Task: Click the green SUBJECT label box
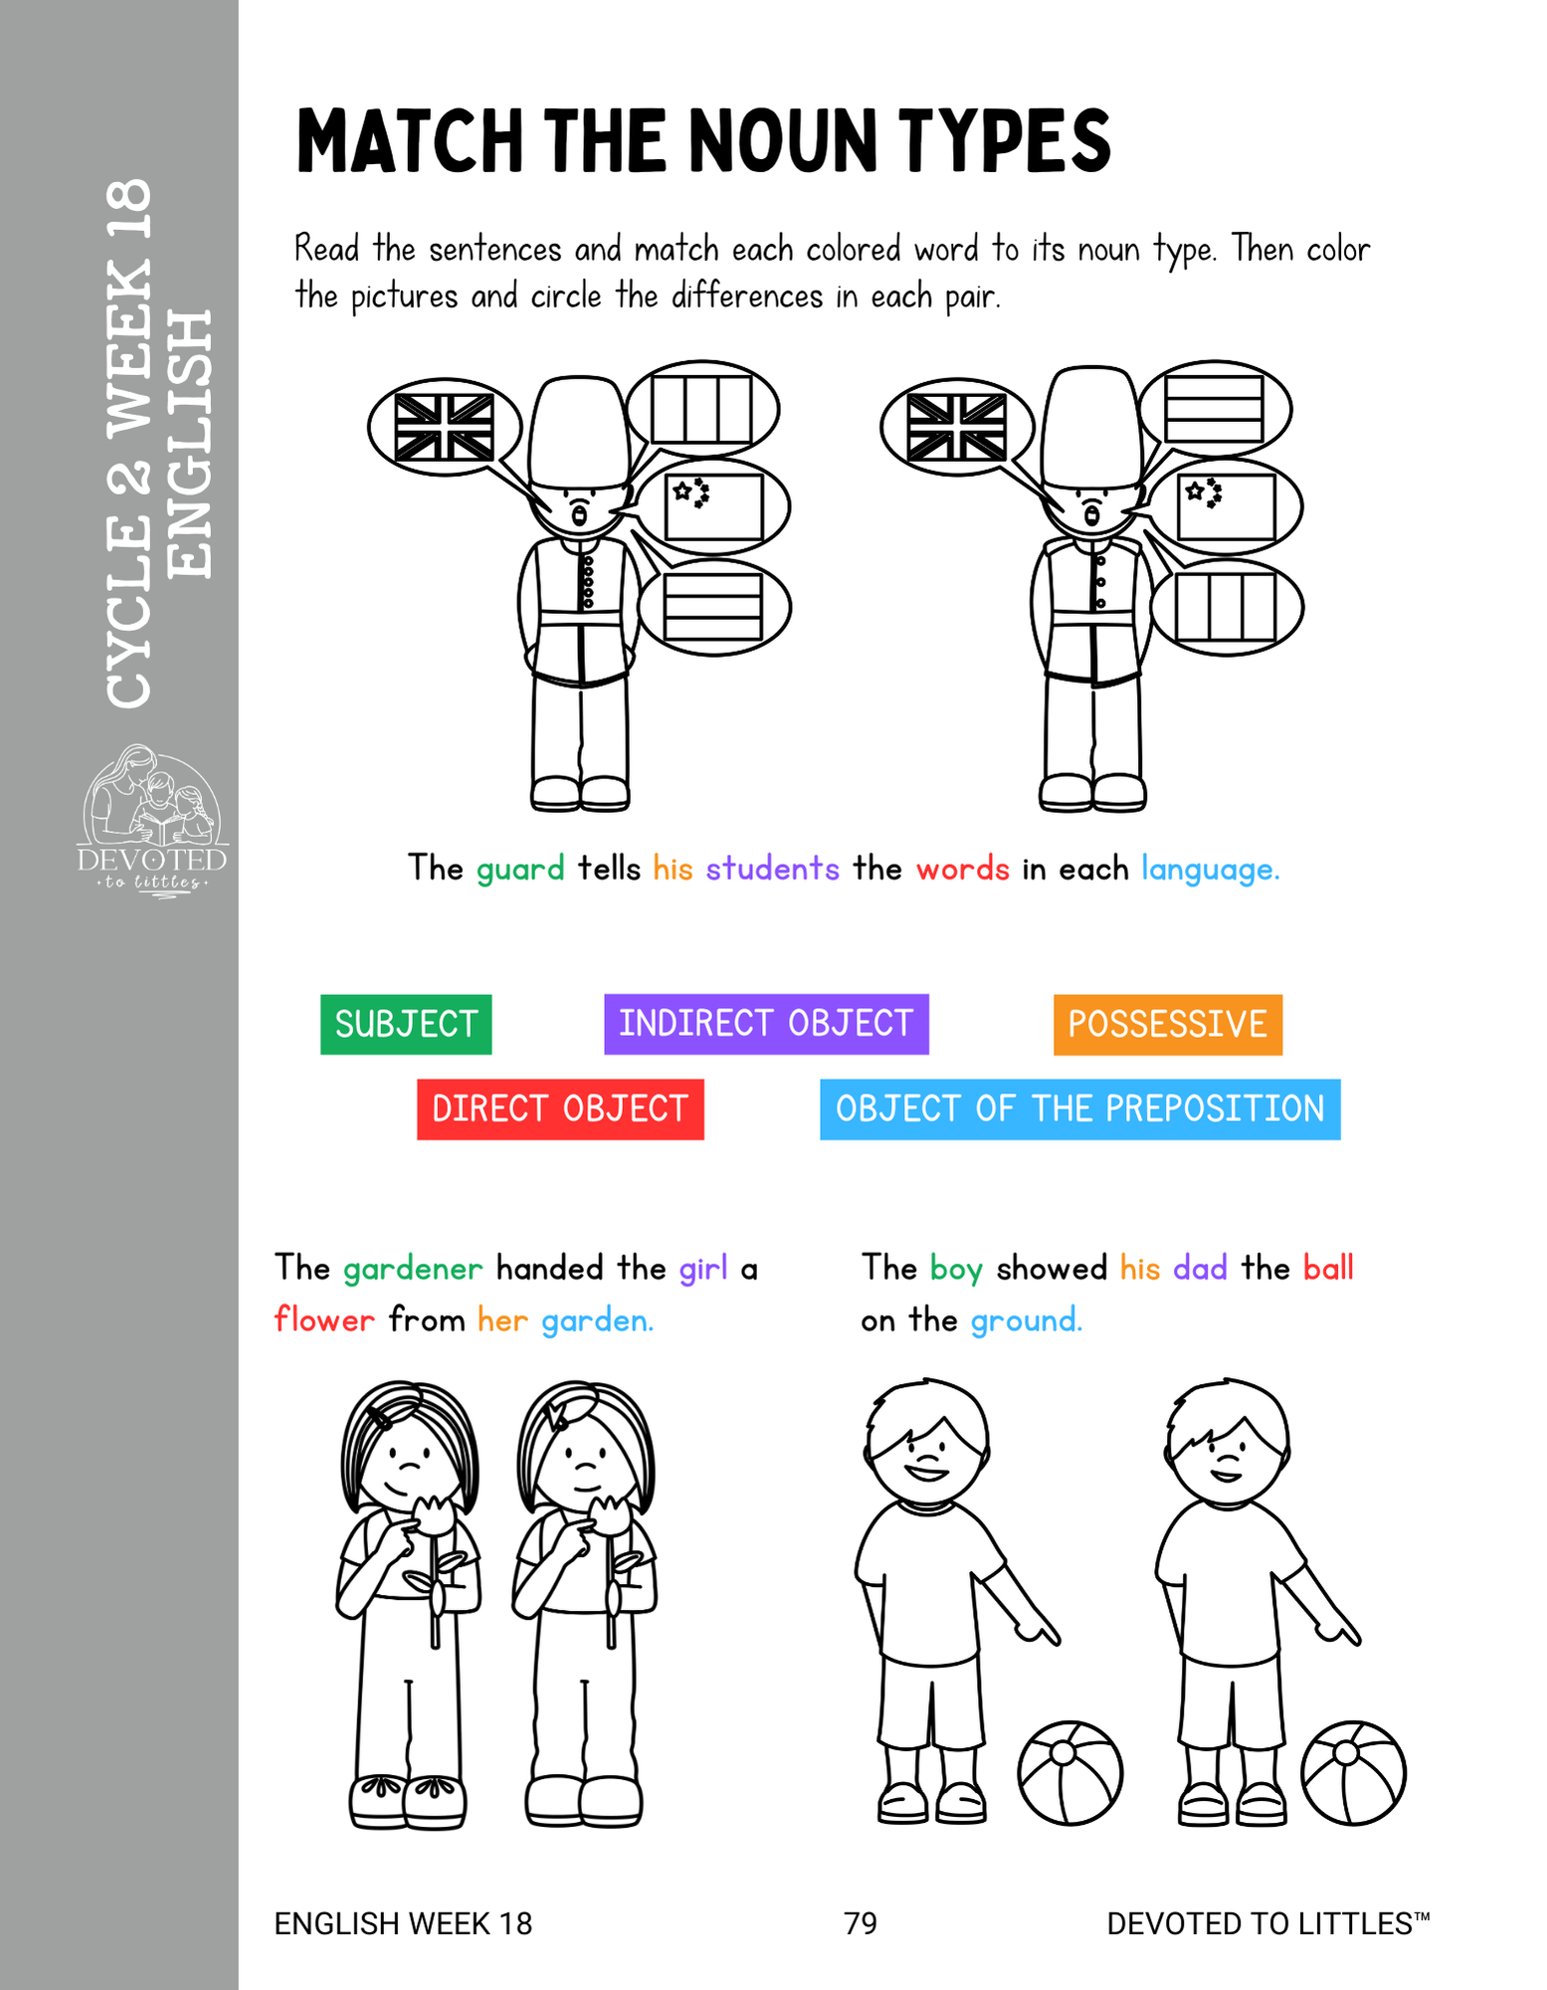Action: (x=406, y=1024)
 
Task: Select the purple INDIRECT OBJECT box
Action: (x=766, y=1024)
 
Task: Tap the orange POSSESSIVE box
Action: (x=1168, y=1024)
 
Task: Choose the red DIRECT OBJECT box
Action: (x=560, y=1109)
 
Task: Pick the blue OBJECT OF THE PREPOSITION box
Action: (x=1080, y=1109)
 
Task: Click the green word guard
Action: (x=520, y=870)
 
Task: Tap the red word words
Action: (x=963, y=869)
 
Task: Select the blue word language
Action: (x=1210, y=870)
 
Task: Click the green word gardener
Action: (x=413, y=1269)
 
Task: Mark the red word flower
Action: (x=324, y=1319)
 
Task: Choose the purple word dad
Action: (x=1200, y=1268)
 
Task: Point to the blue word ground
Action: (x=1026, y=1321)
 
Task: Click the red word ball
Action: (x=1328, y=1268)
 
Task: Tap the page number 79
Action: (x=861, y=1923)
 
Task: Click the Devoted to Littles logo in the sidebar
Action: (x=152, y=821)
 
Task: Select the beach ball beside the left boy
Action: (x=1070, y=1773)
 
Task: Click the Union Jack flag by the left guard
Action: (x=445, y=427)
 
